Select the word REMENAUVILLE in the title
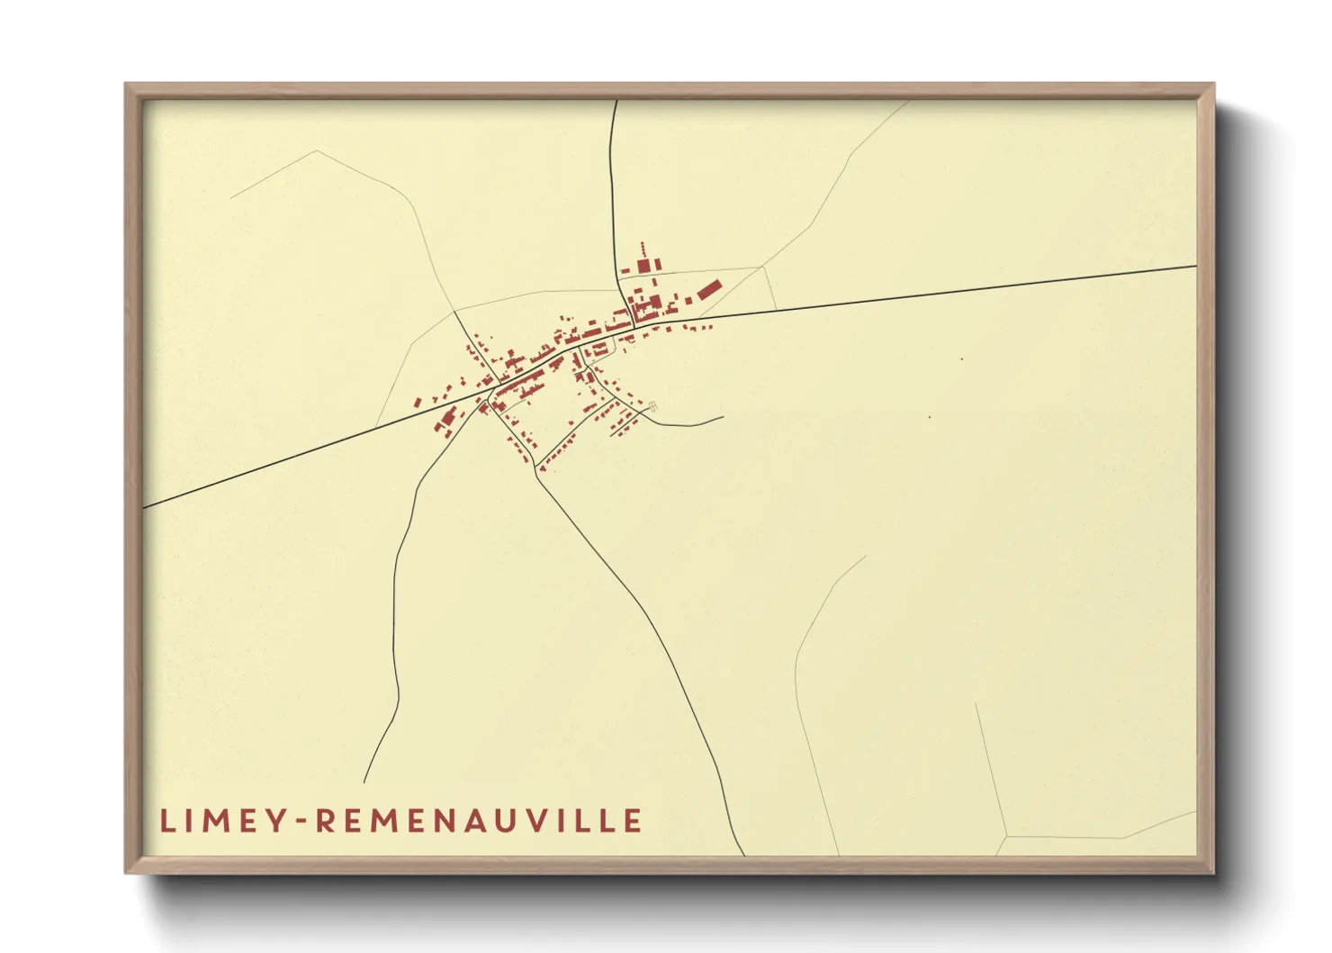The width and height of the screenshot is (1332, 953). coord(480,821)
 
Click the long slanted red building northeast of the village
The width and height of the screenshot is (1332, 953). coord(709,289)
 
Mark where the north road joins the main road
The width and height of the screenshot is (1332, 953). coord(634,325)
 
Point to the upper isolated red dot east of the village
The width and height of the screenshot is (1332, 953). coord(961,359)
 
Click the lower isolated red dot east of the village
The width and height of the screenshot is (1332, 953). coord(929,416)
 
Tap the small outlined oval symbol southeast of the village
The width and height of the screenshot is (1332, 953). coord(653,406)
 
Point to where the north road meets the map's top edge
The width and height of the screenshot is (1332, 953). coord(616,101)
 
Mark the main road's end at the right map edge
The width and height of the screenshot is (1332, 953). coord(1195,267)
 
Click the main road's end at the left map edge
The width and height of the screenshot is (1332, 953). coord(144,507)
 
